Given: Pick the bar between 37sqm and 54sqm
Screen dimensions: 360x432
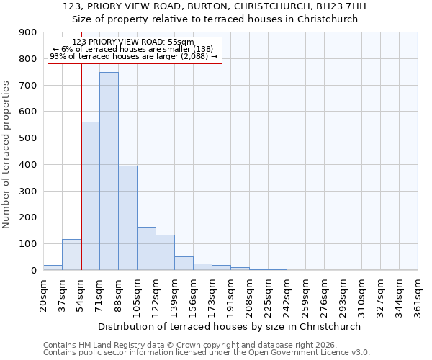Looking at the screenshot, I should [71, 255].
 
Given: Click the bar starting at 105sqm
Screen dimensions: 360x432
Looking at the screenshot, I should [146, 248].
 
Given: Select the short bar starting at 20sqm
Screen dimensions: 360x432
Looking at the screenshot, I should [53, 267].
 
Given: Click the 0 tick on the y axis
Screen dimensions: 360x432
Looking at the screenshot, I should [32, 270].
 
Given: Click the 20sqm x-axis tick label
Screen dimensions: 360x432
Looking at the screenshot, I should [43, 296].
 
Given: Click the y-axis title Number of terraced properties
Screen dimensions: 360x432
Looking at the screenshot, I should [7, 155].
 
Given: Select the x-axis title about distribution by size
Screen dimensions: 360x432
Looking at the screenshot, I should [230, 326].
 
